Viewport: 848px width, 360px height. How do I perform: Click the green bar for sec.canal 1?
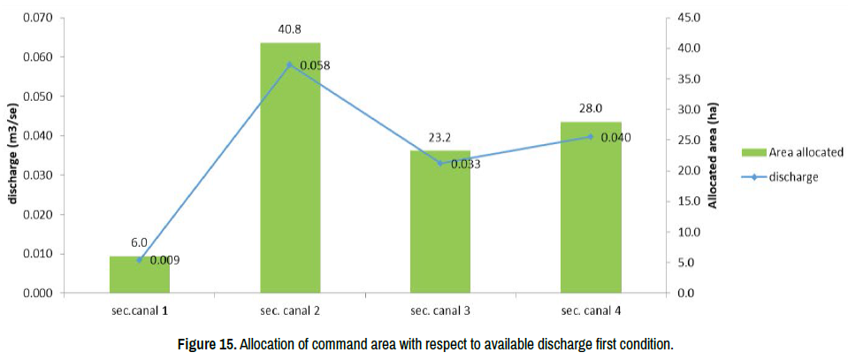point(139,275)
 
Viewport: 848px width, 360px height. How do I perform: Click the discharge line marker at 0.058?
point(290,65)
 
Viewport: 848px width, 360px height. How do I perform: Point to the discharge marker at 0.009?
point(139,259)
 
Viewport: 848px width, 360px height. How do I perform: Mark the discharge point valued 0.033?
point(440,163)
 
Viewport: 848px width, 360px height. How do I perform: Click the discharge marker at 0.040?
point(591,136)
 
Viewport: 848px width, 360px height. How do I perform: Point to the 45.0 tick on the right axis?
point(689,18)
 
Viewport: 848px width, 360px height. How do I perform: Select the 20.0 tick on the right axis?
point(689,171)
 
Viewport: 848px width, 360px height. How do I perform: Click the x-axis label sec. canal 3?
point(440,311)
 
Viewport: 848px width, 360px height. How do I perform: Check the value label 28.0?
point(591,109)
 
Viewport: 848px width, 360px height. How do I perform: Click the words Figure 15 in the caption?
point(206,343)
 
